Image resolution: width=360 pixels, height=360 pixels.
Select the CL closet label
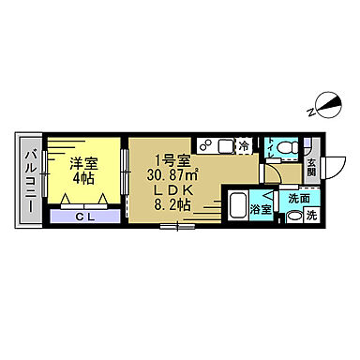tap(84, 216)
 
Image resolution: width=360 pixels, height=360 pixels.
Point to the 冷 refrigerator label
tap(244, 146)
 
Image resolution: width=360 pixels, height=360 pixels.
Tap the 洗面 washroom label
tap(299, 198)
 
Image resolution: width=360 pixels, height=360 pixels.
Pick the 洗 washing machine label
tap(312, 216)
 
